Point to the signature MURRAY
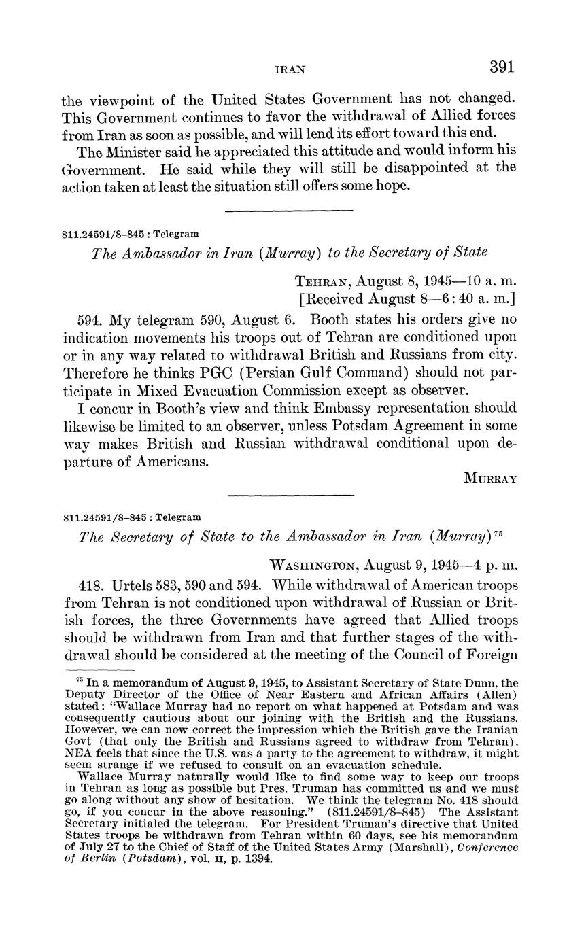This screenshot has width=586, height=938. [491, 478]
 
